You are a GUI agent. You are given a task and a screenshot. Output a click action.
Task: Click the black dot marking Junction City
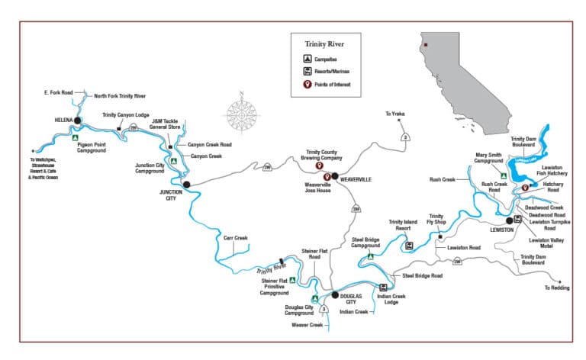click(x=187, y=184)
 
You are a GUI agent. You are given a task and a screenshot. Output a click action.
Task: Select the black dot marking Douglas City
click(x=333, y=294)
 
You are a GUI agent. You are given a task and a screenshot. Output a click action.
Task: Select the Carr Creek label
click(x=237, y=238)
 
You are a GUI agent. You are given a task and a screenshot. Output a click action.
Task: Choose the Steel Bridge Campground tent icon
click(x=371, y=257)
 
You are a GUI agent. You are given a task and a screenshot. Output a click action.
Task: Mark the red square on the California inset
click(x=425, y=44)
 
